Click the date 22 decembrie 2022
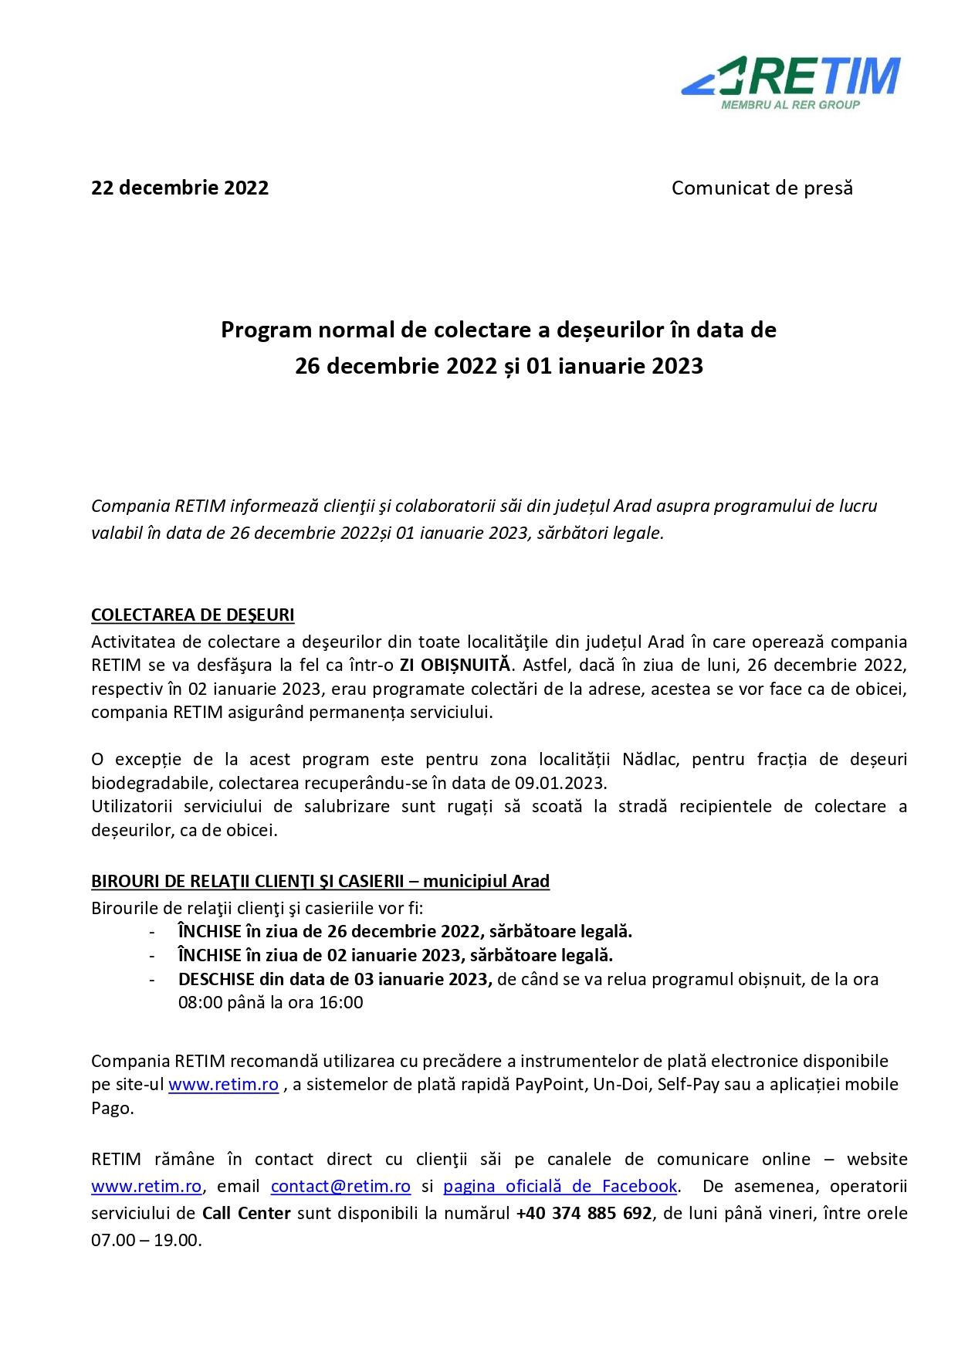pyautogui.click(x=180, y=188)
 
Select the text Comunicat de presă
pyautogui.click(x=762, y=188)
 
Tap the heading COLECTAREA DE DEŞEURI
pyautogui.click(x=193, y=615)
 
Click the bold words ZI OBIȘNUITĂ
pyautogui.click(x=455, y=665)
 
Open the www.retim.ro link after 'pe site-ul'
pyautogui.click(x=223, y=1084)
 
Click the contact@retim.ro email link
pyautogui.click(x=340, y=1186)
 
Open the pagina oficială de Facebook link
pyautogui.click(x=560, y=1186)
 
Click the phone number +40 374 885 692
pyautogui.click(x=584, y=1213)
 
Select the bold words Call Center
pyautogui.click(x=246, y=1213)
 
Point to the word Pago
pyautogui.click(x=111, y=1108)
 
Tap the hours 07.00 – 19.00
pyautogui.click(x=146, y=1240)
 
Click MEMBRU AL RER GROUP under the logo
pyautogui.click(x=790, y=105)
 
